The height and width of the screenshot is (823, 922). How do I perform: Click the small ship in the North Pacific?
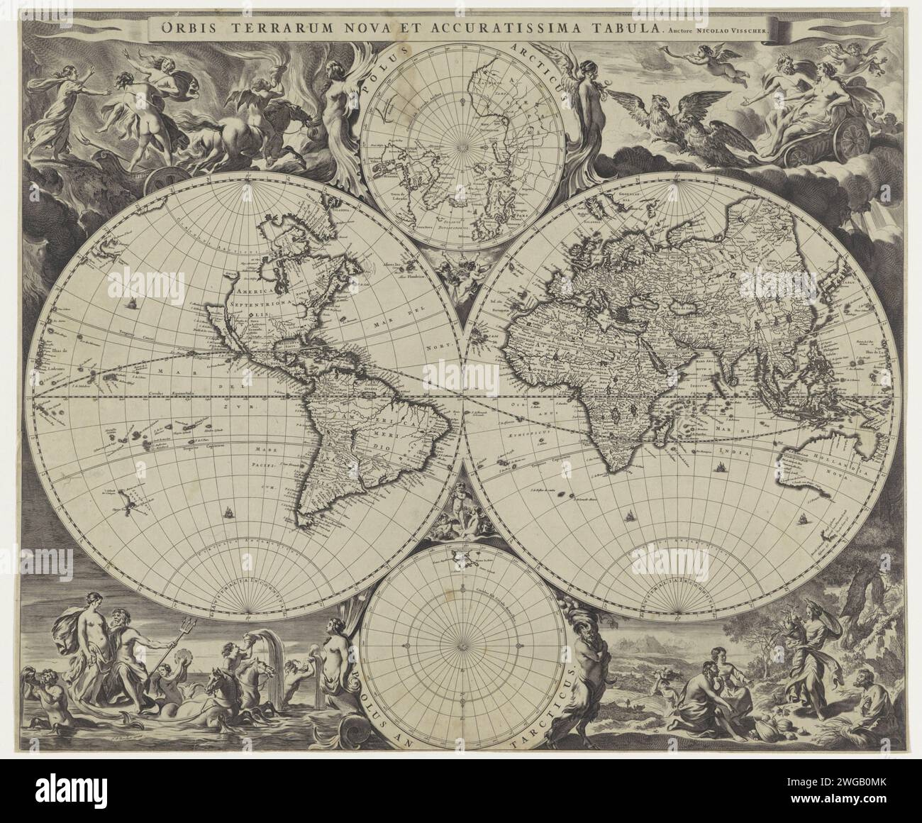[x=132, y=304]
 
